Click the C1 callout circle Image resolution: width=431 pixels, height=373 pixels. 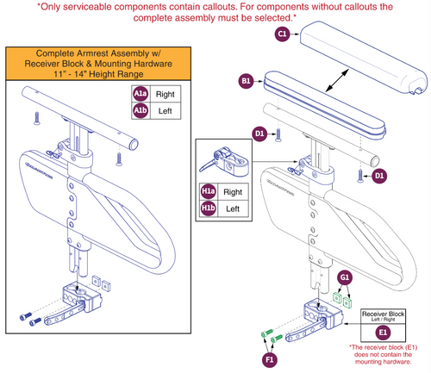coord(282,34)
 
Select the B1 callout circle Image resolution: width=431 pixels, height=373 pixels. coord(247,81)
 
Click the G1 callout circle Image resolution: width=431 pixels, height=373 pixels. coord(344,277)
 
